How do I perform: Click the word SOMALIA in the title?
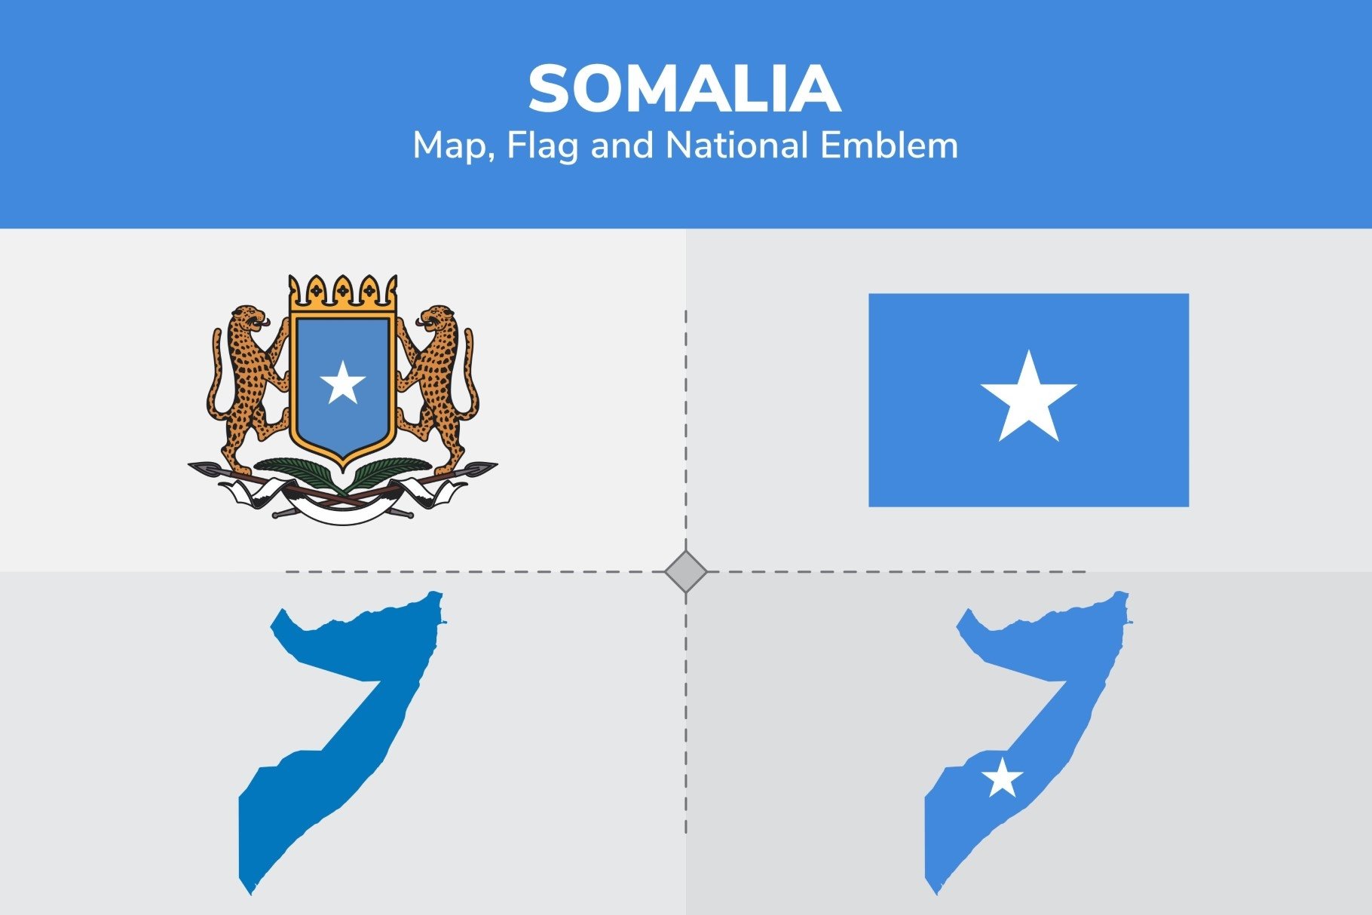point(684,89)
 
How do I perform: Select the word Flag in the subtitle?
point(541,145)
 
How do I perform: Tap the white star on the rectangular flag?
point(1028,399)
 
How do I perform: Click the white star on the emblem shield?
point(343,383)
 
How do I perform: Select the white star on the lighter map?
point(1002,779)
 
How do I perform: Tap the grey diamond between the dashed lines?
point(686,572)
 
